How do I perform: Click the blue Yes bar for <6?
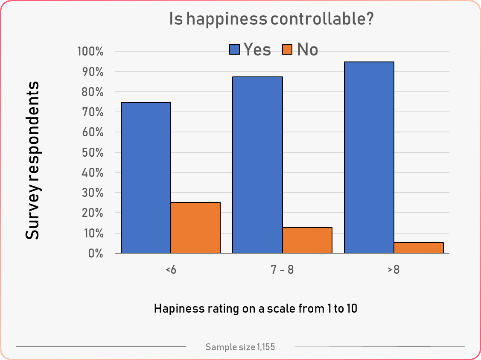146,178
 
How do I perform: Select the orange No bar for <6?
195,228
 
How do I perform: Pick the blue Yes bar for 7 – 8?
257,165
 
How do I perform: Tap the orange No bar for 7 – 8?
307,240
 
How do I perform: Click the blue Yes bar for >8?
369,158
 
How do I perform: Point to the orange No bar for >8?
419,248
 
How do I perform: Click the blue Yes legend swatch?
235,50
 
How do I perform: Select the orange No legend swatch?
287,50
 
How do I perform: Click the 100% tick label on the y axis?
90,52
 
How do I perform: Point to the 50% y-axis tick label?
92,153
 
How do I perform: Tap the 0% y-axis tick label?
95,254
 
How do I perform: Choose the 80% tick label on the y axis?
92,92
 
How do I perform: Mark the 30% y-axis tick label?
92,193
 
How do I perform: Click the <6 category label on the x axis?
170,270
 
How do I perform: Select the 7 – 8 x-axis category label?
282,270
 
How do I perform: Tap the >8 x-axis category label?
394,270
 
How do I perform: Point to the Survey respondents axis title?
32,160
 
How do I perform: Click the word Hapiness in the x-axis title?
178,308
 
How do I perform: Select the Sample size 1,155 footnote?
240,347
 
